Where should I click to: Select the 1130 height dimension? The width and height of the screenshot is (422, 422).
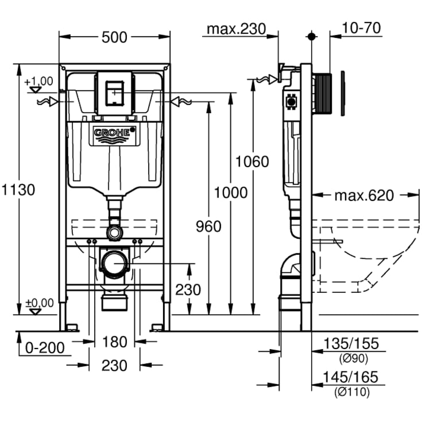[x=18, y=189]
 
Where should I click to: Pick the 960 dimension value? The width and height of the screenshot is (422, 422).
[x=207, y=226]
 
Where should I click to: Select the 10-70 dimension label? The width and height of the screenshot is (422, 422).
[x=362, y=28]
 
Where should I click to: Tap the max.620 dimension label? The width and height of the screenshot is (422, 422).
[x=364, y=196]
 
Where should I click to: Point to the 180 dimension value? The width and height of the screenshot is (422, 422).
[x=114, y=342]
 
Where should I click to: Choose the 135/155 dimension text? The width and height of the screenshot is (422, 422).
[x=351, y=343]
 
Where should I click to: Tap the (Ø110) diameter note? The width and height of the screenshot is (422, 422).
[x=351, y=393]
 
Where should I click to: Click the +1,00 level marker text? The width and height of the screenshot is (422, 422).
[x=39, y=81]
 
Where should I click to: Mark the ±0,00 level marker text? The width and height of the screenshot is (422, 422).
[x=39, y=303]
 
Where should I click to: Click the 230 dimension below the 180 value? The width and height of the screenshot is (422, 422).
[x=114, y=365]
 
